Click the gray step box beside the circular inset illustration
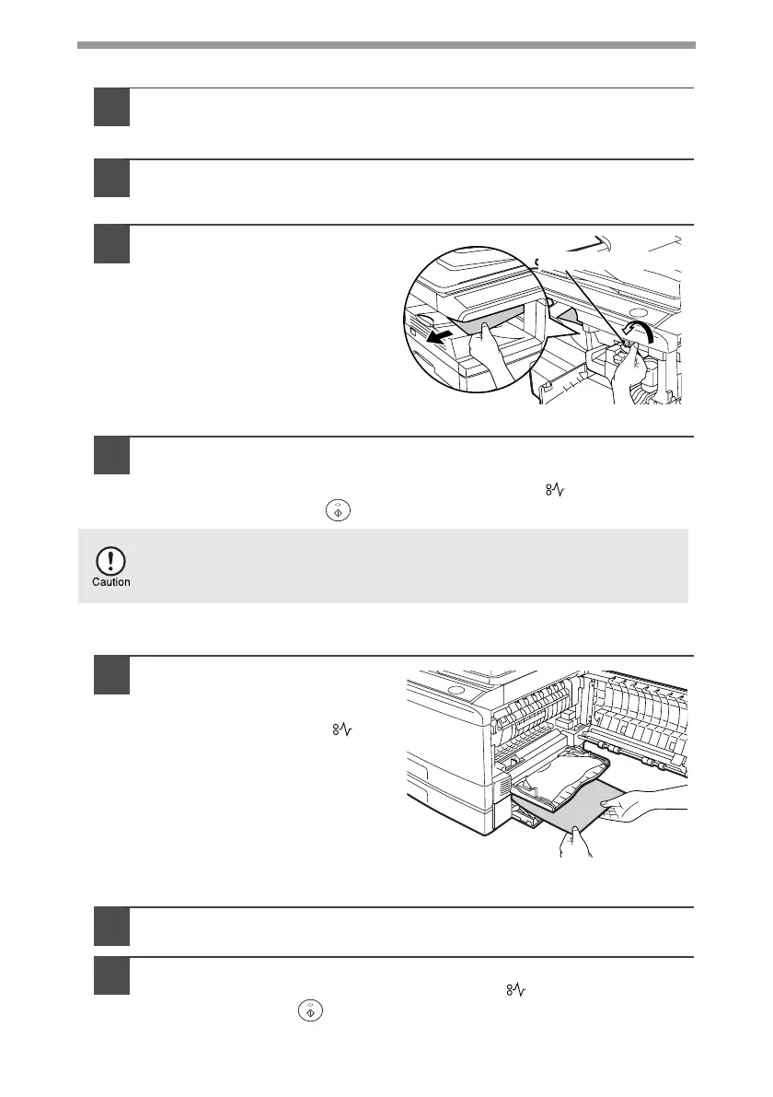pyautogui.click(x=111, y=244)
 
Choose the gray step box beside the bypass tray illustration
pyautogui.click(x=111, y=675)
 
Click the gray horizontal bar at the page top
pyautogui.click(x=386, y=43)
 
